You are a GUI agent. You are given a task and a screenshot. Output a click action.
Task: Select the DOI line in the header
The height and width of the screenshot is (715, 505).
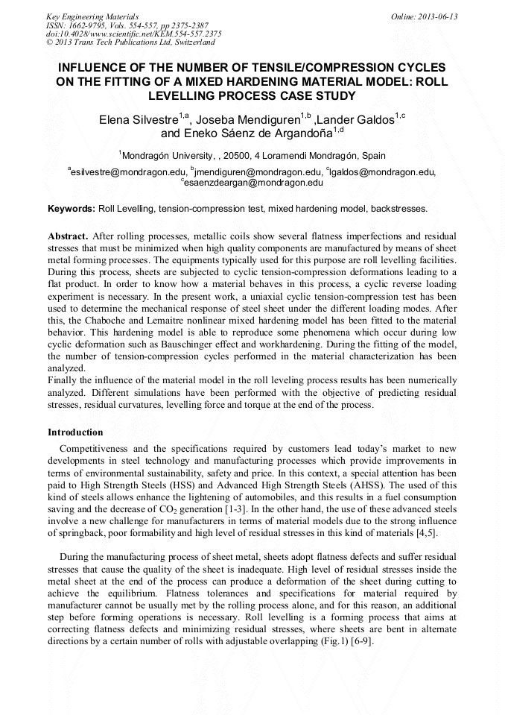(x=133, y=34)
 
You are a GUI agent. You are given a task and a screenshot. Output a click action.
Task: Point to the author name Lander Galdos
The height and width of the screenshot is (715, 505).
(x=358, y=120)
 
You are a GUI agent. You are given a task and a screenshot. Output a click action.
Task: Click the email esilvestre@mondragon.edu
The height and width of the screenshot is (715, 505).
(x=127, y=172)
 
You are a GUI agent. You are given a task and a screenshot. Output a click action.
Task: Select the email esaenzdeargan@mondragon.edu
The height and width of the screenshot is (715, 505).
(x=253, y=182)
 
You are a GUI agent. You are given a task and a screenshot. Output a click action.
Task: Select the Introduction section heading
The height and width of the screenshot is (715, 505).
(x=75, y=432)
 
